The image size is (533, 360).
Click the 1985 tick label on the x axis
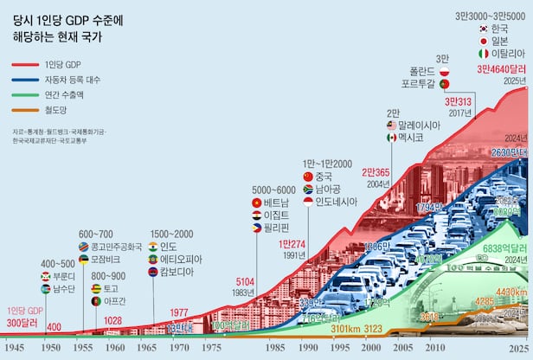click(x=276, y=347)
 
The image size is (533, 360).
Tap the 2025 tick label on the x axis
click(x=517, y=347)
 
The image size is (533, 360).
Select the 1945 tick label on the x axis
click(x=14, y=347)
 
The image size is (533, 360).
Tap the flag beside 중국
click(x=308, y=177)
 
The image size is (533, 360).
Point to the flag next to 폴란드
click(x=444, y=71)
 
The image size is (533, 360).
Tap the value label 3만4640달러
click(x=502, y=70)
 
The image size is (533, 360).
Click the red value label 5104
click(x=245, y=281)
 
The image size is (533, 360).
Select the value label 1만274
click(x=292, y=244)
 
